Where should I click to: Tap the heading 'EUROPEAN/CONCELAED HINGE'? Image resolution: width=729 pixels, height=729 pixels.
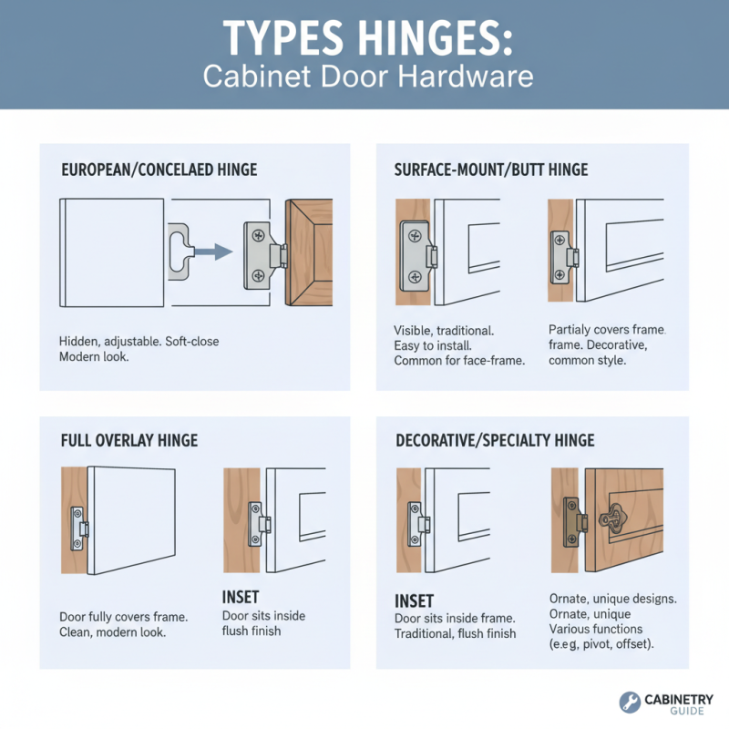click(x=159, y=169)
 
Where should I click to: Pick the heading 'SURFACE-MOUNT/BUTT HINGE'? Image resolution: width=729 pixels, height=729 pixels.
click(x=490, y=169)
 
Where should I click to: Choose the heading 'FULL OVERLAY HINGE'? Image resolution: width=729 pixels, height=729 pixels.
click(x=128, y=440)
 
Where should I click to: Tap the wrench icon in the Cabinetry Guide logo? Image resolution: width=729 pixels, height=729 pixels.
click(x=630, y=702)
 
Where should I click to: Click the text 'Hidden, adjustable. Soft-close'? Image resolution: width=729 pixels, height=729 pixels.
click(x=139, y=341)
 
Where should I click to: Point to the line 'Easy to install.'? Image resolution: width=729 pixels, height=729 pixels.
click(x=433, y=345)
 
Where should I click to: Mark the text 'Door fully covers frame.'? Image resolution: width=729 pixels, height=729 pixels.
click(x=124, y=617)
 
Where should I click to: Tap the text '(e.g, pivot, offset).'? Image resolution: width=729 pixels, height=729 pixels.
click(x=601, y=644)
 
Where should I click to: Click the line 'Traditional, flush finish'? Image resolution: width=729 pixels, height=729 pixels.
click(x=455, y=633)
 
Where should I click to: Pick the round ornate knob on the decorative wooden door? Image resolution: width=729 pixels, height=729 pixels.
click(x=609, y=519)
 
